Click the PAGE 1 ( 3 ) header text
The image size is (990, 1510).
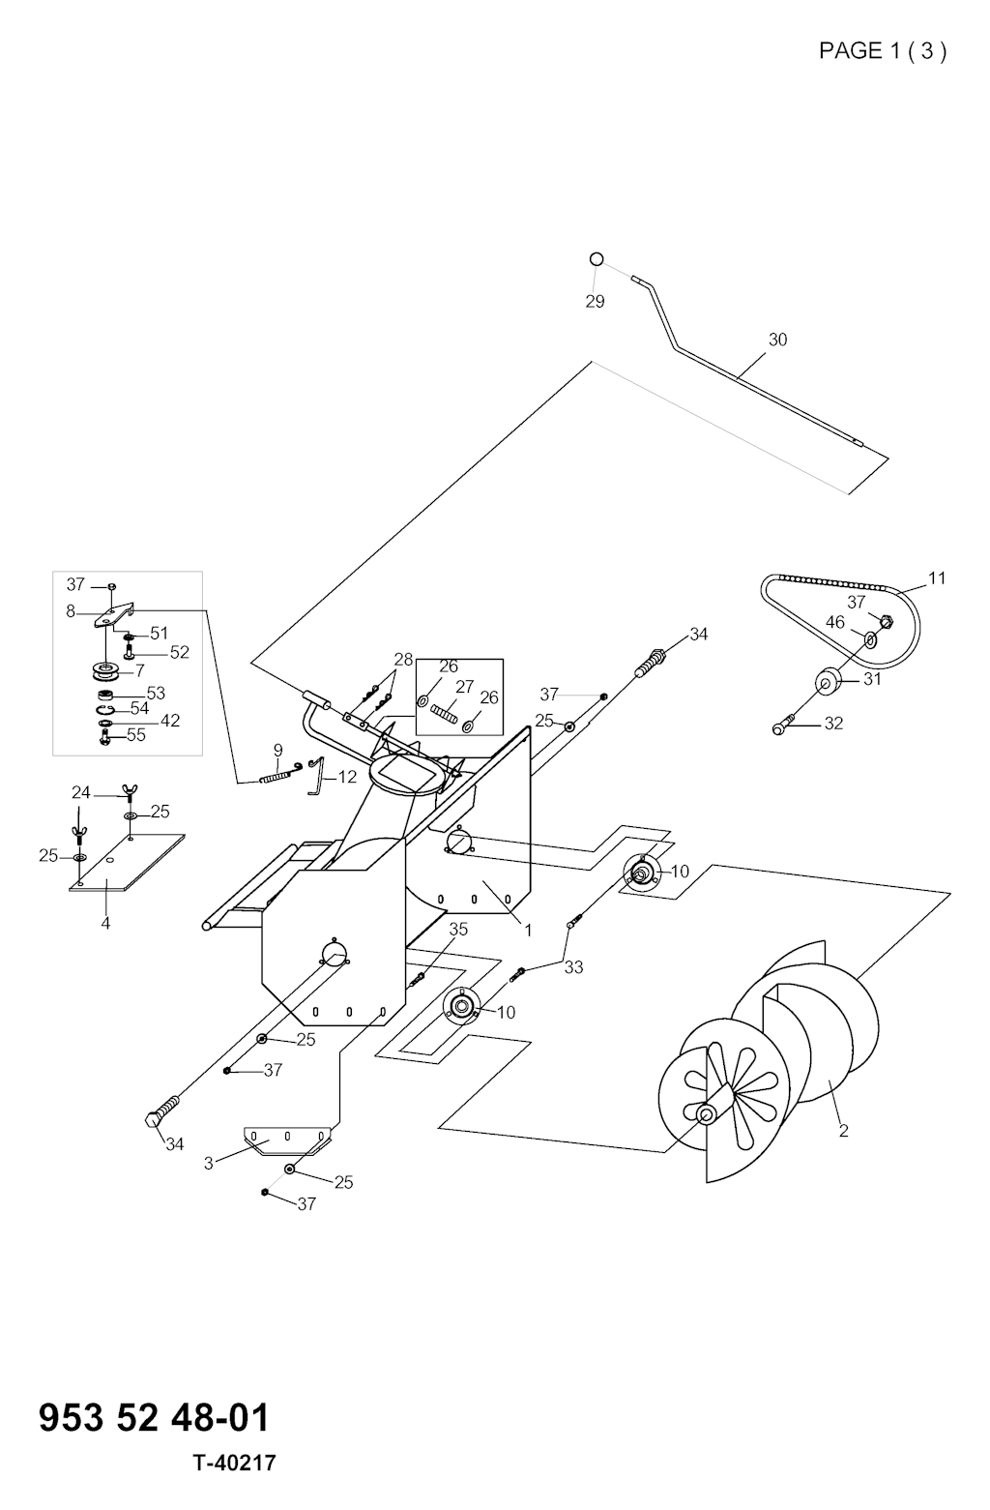point(882,51)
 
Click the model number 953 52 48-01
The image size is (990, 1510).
point(154,1418)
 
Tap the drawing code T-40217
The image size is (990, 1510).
point(234,1463)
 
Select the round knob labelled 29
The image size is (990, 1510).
point(597,259)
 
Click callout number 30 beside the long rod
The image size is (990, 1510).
point(777,340)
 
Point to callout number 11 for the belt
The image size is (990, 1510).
point(937,578)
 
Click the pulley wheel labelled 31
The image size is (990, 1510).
point(828,681)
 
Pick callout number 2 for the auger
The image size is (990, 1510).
point(843,1131)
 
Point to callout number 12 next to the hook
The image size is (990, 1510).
point(347,777)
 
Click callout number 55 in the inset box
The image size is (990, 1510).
point(136,735)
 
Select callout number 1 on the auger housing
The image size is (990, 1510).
point(528,931)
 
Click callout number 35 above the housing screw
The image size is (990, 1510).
point(458,930)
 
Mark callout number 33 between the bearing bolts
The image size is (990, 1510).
point(573,967)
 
